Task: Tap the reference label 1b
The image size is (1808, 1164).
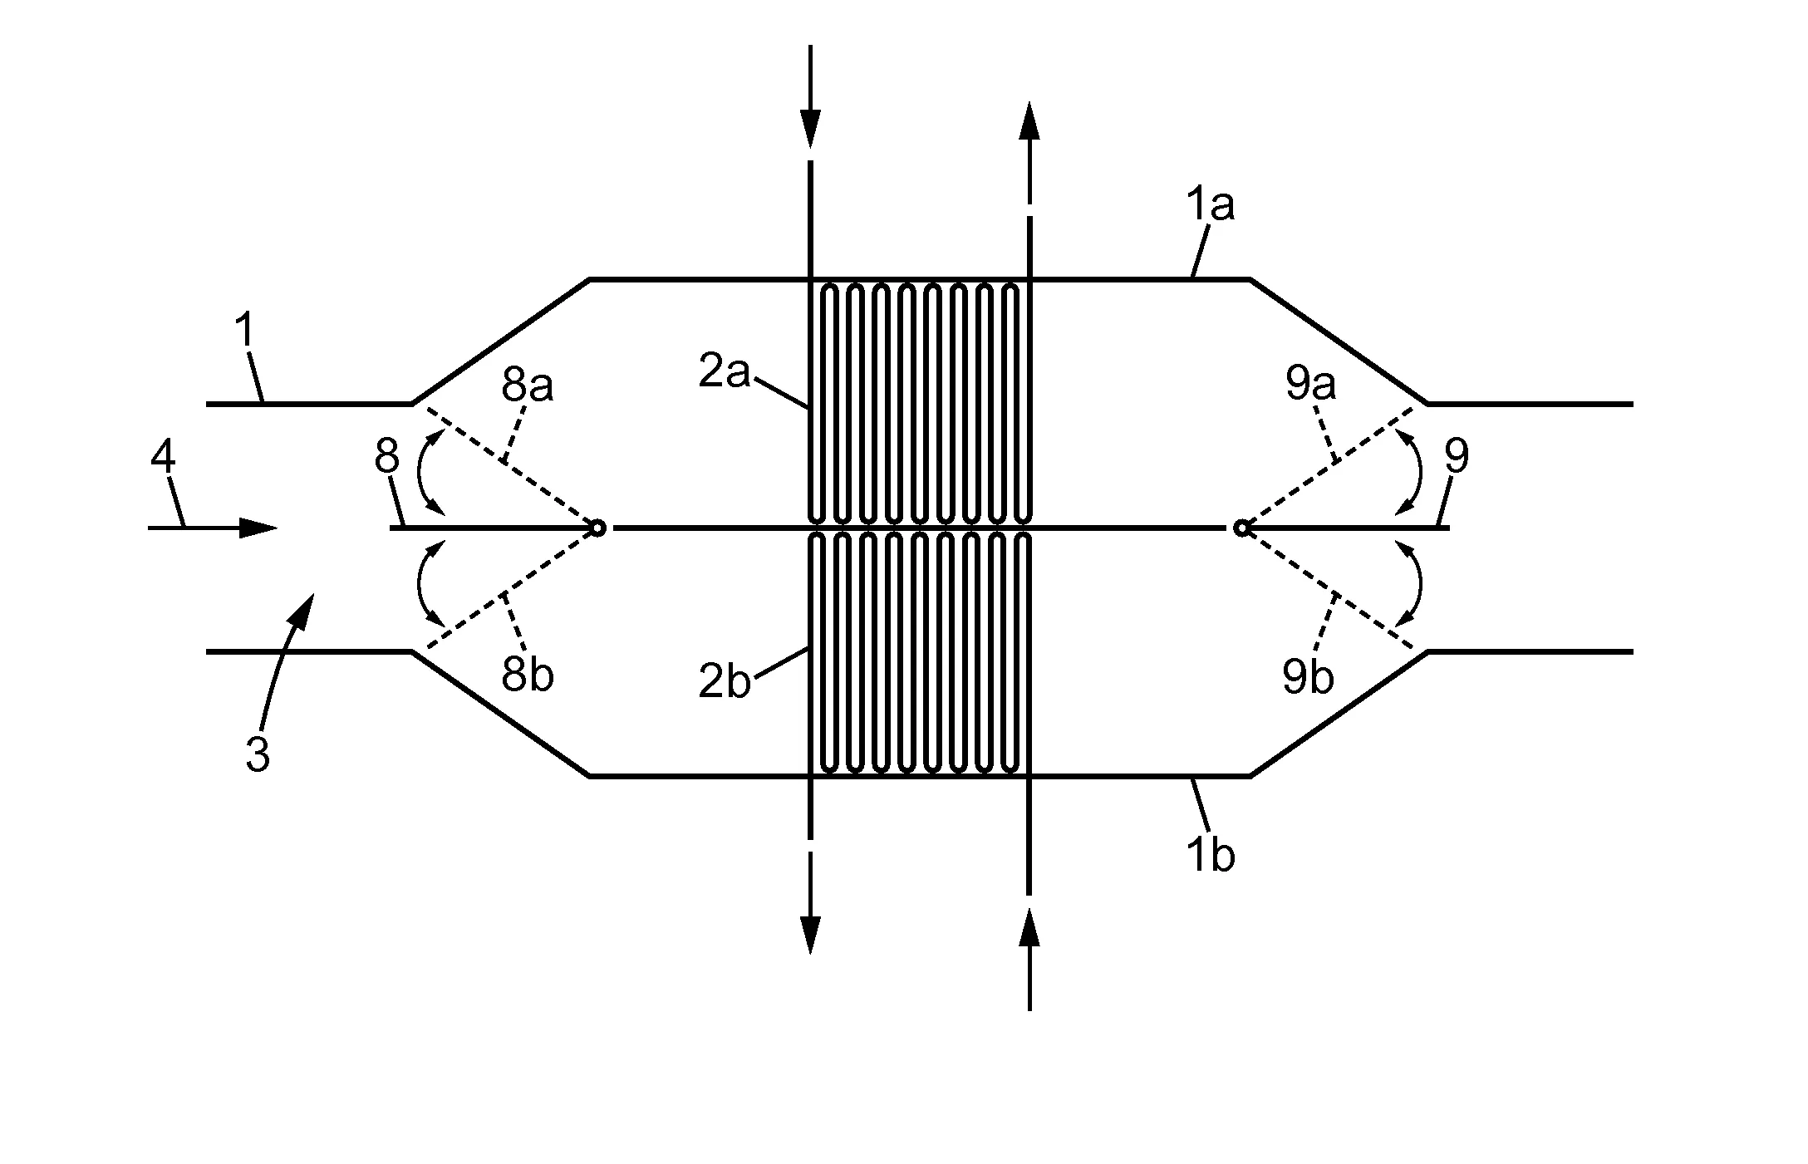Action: coord(1211,856)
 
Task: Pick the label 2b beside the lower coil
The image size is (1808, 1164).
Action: coord(725,683)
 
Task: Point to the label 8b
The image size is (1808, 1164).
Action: coord(528,676)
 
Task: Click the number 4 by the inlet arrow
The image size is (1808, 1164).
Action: coord(163,458)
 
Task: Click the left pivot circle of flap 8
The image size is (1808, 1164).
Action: coord(597,527)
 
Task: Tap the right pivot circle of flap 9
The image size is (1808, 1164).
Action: coord(1241,527)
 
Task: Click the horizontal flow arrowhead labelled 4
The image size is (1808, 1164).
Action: coord(258,527)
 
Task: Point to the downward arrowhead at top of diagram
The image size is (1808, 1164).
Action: coord(810,129)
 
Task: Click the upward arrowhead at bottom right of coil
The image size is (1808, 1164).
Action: coord(1029,927)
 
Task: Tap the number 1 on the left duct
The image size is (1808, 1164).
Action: coord(244,331)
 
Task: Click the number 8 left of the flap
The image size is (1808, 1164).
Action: coord(387,456)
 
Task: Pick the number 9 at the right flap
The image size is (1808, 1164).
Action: coord(1457,456)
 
